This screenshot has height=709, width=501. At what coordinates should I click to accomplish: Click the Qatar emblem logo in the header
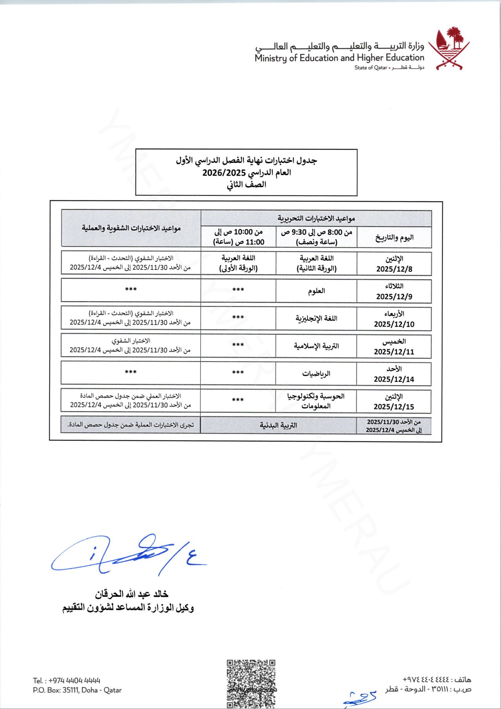click(x=449, y=48)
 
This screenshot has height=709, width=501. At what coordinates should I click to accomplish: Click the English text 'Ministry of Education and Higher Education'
click(x=339, y=58)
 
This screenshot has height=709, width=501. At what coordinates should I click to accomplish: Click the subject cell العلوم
click(x=316, y=291)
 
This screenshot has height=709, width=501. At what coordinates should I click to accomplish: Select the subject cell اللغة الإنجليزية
click(x=316, y=318)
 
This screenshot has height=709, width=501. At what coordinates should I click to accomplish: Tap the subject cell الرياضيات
click(x=316, y=373)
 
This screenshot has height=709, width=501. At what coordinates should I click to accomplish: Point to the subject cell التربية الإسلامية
click(x=316, y=346)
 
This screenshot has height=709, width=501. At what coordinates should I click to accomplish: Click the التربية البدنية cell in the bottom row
click(x=278, y=425)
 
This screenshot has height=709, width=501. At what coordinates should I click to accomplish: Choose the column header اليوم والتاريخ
click(x=394, y=238)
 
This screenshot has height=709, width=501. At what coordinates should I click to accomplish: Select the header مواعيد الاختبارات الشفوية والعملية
click(x=131, y=228)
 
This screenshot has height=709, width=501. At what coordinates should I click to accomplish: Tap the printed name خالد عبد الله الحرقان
click(x=131, y=594)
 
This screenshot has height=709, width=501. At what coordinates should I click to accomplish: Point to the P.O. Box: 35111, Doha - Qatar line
click(x=77, y=690)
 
